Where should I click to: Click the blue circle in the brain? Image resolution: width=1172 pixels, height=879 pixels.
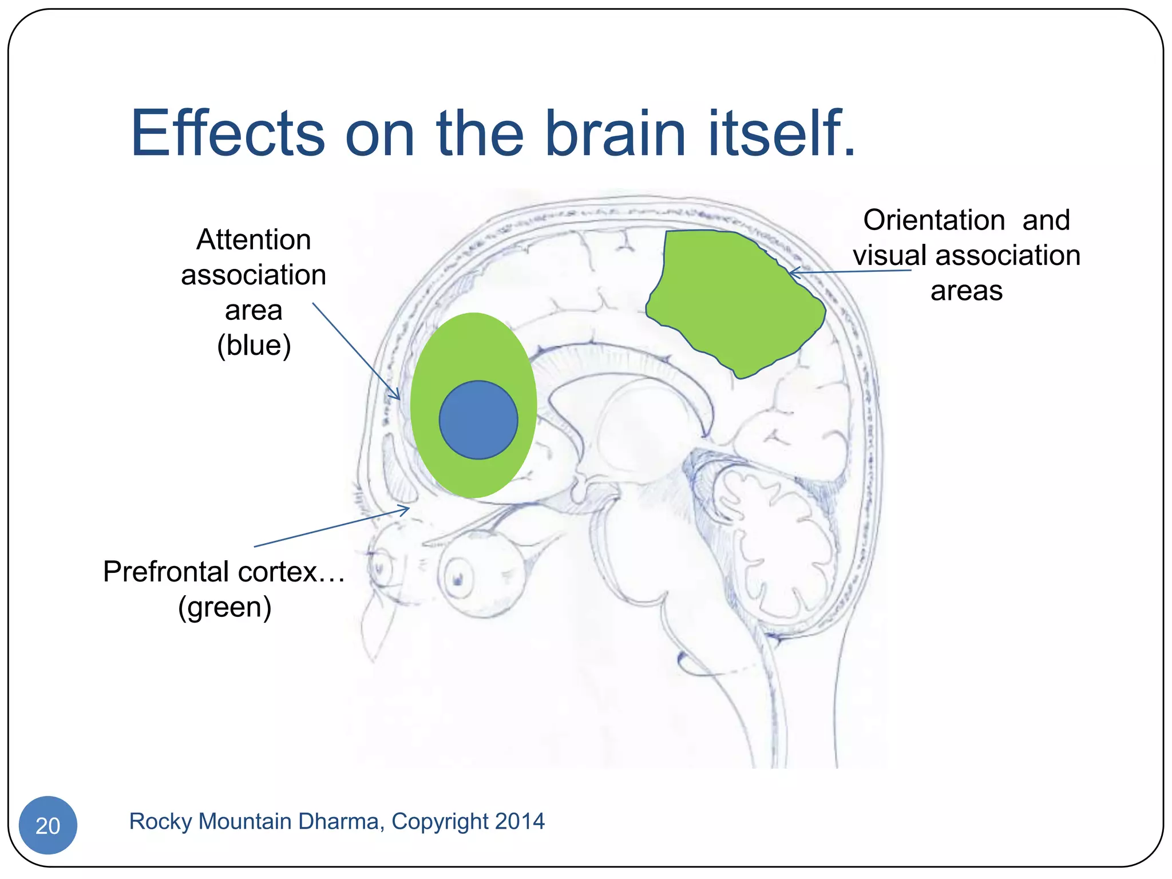point(478,419)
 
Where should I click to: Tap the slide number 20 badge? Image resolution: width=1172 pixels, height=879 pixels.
point(48,825)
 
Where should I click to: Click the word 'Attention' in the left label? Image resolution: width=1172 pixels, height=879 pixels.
point(254,240)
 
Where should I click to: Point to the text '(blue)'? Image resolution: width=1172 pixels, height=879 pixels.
point(254,345)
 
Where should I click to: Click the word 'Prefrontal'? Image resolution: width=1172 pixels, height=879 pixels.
point(166,572)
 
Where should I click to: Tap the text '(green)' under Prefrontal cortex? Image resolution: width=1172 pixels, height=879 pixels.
point(224,607)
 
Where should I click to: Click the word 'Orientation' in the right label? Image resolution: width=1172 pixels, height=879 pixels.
point(934,220)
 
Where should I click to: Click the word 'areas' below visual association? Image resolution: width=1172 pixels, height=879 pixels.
point(966,291)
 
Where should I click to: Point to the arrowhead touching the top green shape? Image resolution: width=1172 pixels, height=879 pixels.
point(793,273)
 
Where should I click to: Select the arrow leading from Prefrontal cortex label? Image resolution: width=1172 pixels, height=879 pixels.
point(332,527)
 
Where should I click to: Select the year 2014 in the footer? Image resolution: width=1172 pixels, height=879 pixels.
point(520,822)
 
